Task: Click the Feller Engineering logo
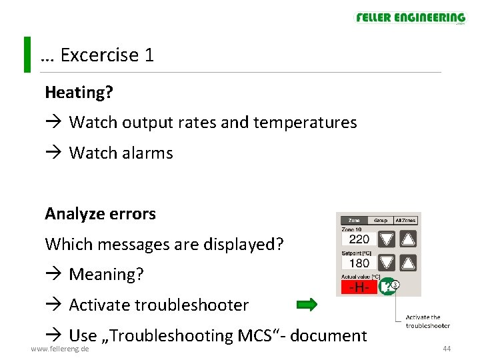[x=410, y=18]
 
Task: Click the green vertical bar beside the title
[x=27, y=55]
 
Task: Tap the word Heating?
[x=79, y=93]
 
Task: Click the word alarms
[x=147, y=153]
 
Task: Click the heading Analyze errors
[x=100, y=214]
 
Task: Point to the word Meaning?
[x=106, y=275]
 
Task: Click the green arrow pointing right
[x=307, y=305]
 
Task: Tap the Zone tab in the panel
[x=354, y=220]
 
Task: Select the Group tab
[x=380, y=220]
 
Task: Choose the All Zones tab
[x=405, y=220]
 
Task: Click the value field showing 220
[x=359, y=239]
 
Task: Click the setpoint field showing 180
[x=359, y=263]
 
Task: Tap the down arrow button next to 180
[x=387, y=263]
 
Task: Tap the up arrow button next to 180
[x=409, y=263]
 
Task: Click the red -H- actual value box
[x=359, y=287]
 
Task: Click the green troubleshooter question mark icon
[x=387, y=287]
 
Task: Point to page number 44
[x=447, y=349]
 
